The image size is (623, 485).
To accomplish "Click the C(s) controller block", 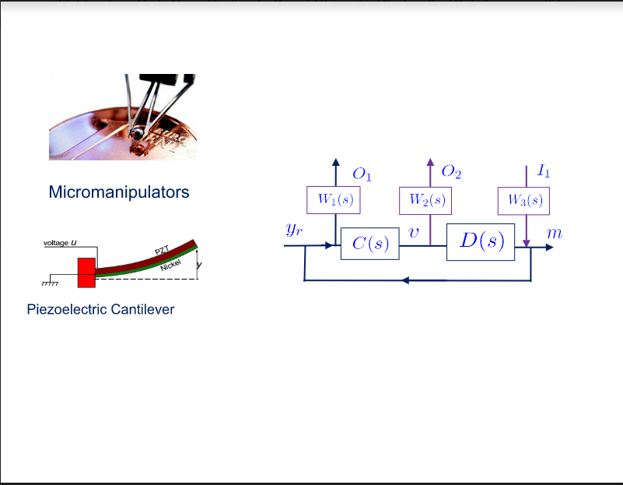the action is point(370,244).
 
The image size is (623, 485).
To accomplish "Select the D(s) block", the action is point(481,242).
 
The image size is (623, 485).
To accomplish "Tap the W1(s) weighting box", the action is point(334,200).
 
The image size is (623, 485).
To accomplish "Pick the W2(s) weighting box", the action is point(425,201).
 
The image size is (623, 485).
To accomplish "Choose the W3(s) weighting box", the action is point(523,201).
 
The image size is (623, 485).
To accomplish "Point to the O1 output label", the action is point(362,174).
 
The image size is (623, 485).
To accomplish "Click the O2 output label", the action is point(451,171).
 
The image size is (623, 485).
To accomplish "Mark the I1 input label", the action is point(544,170).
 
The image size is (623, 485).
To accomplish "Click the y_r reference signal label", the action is point(294,230).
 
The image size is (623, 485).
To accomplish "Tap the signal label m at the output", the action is point(555,234).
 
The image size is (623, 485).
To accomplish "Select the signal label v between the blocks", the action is point(414,233).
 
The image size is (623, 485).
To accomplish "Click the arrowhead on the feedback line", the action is point(405,281).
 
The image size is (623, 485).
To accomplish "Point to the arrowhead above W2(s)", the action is point(430,162).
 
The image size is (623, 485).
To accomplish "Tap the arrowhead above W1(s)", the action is point(336,162).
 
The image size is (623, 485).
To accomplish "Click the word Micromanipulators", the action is point(119,192).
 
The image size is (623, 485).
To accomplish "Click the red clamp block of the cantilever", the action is point(86,272).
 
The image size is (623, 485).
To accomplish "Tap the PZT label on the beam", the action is point(162,251).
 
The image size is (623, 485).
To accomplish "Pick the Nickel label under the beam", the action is point(171,265).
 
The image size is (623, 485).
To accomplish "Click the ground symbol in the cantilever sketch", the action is point(50,283).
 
